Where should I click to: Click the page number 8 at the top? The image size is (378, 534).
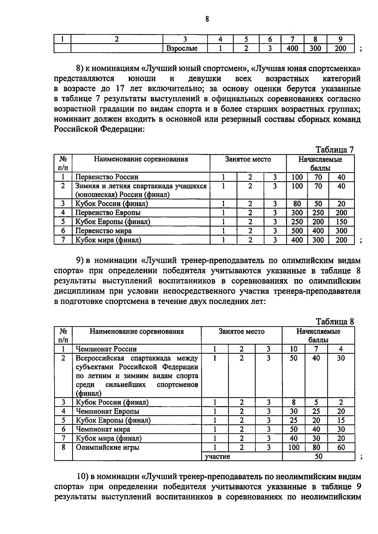(x=207, y=20)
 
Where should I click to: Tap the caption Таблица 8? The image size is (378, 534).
(x=335, y=322)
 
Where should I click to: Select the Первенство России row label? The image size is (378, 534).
(x=106, y=177)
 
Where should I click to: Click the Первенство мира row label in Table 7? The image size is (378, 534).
(x=103, y=231)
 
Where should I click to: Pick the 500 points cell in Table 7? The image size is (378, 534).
(x=297, y=231)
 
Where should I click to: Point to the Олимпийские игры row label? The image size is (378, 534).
(x=107, y=447)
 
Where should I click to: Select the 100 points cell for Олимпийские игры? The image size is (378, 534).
(x=294, y=447)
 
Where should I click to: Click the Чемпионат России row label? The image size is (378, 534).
(x=106, y=349)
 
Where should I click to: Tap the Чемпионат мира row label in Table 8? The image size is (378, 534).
(x=103, y=429)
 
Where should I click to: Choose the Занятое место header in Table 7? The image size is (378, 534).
(x=248, y=159)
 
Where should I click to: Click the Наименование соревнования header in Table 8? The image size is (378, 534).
(x=137, y=332)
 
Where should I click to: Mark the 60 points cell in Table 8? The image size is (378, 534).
(x=341, y=447)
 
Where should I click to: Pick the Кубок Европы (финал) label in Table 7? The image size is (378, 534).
(x=112, y=222)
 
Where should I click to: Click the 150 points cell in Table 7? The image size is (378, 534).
(x=341, y=222)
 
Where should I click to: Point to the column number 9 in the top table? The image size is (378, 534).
(x=340, y=39)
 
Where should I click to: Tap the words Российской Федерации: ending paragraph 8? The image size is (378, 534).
(x=99, y=129)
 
